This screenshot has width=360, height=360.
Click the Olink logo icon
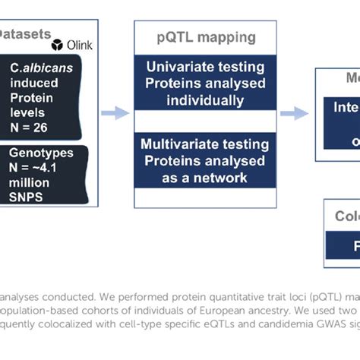pos(58,45)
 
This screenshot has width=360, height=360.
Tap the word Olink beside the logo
pos(80,45)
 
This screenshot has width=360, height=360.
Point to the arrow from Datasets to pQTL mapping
pos(115,113)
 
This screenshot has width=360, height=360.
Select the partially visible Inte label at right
pos(346,108)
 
